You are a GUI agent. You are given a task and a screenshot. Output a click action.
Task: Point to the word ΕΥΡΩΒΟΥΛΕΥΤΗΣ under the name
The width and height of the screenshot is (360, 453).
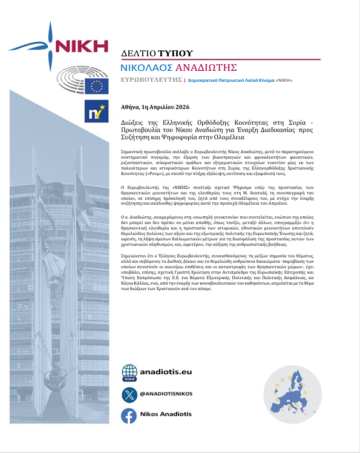[151, 79]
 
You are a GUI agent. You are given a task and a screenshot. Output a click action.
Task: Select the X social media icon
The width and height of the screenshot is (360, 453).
[129, 394]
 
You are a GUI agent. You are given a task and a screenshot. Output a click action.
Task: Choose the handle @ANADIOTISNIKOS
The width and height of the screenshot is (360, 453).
[166, 394]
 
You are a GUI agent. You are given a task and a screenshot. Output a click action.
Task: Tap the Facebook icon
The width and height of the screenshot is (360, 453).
[129, 416]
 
